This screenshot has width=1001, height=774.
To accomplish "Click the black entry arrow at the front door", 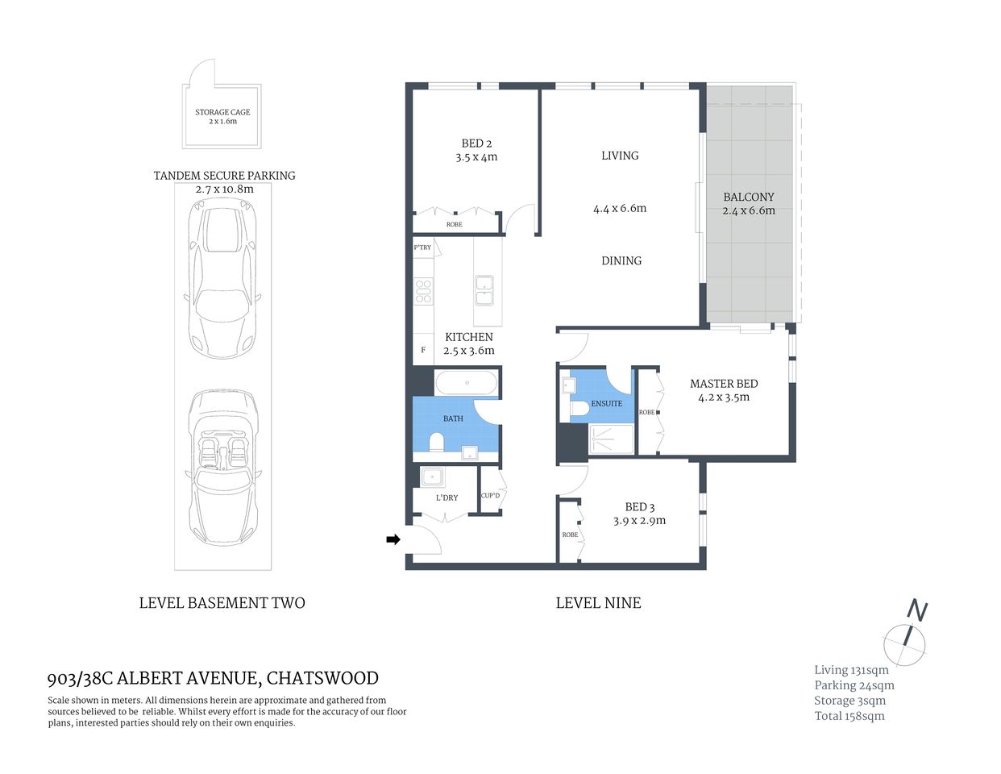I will pyautogui.click(x=393, y=539).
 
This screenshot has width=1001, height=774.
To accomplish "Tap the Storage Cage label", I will pyautogui.click(x=222, y=112).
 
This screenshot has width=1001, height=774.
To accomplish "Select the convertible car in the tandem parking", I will pyautogui.click(x=223, y=468).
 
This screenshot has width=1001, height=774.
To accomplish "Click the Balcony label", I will pyautogui.click(x=748, y=197).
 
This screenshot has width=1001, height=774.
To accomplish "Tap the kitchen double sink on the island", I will pyautogui.click(x=484, y=290).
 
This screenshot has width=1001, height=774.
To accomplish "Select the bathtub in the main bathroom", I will pyautogui.click(x=467, y=382).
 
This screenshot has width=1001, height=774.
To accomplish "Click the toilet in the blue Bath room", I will pyautogui.click(x=437, y=443).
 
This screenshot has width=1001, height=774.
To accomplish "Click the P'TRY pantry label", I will pyautogui.click(x=422, y=248).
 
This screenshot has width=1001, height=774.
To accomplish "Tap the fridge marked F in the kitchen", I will pyautogui.click(x=423, y=351).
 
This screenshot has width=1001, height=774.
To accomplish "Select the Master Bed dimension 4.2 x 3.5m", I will pyautogui.click(x=724, y=397).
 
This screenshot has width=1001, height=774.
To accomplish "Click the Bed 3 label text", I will pyautogui.click(x=640, y=507).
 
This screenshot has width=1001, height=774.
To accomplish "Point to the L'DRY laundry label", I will pyautogui.click(x=447, y=497).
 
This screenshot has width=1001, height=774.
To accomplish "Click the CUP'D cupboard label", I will pyautogui.click(x=490, y=495).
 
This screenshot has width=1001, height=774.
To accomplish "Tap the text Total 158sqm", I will pyautogui.click(x=849, y=716).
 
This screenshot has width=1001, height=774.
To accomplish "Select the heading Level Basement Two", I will pyautogui.click(x=222, y=602).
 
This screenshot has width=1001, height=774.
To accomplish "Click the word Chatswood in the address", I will pyautogui.click(x=322, y=679).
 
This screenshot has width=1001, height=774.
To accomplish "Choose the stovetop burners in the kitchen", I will pyautogui.click(x=423, y=290).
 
